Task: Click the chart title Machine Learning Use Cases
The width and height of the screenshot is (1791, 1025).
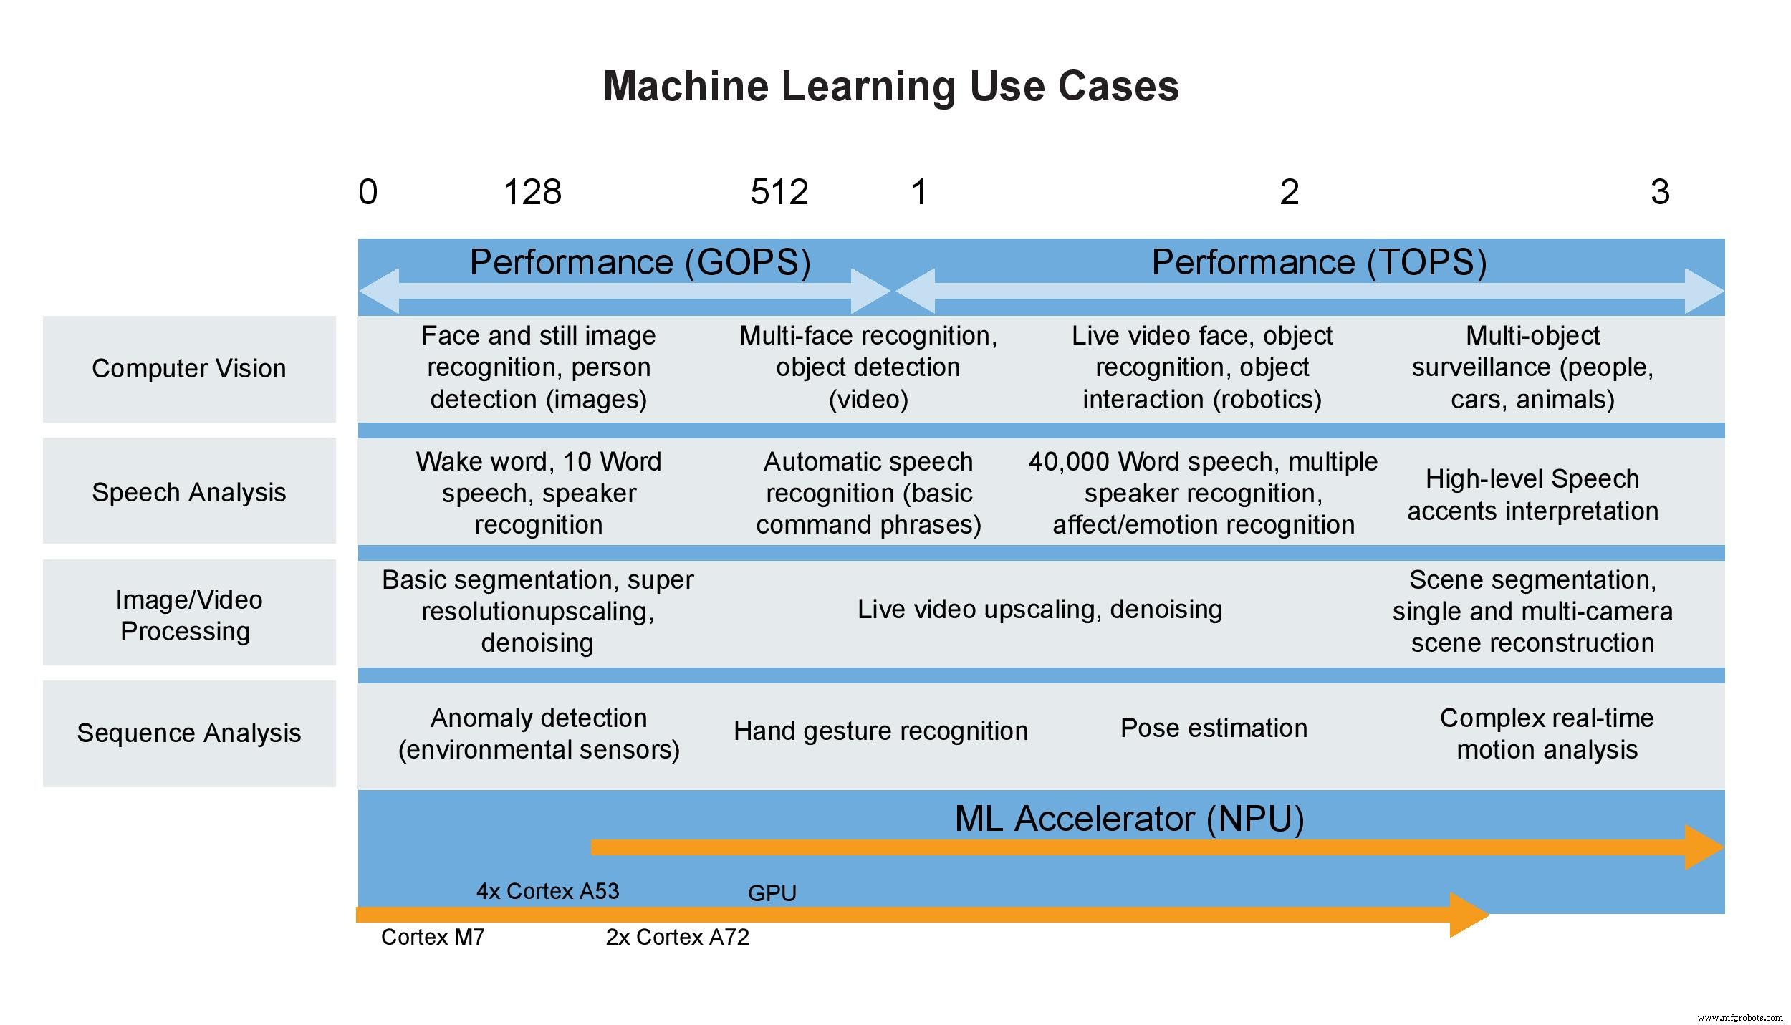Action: [890, 86]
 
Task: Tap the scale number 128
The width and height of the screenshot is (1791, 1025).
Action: [532, 192]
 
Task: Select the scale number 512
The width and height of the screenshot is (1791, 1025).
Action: [779, 192]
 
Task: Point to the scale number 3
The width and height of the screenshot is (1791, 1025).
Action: [1659, 192]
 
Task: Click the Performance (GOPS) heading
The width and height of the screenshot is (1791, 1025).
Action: [640, 262]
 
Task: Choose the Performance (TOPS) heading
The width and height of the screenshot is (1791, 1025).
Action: [1319, 262]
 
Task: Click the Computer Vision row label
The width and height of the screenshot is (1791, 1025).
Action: [189, 368]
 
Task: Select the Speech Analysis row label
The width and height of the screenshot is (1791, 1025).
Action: [189, 492]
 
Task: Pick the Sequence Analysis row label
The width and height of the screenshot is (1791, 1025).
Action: [189, 733]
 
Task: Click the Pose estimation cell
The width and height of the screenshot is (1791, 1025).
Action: [1214, 728]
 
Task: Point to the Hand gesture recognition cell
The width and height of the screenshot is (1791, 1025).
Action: [880, 731]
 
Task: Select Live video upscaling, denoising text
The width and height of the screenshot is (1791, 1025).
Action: [1039, 609]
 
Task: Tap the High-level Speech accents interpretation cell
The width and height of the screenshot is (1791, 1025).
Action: [1532, 494]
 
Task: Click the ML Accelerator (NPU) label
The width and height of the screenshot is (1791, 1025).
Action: [1129, 819]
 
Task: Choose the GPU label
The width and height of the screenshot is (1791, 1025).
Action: [772, 893]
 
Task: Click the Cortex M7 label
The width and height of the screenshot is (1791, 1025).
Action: [433, 937]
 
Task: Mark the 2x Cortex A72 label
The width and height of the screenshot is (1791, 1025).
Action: [677, 937]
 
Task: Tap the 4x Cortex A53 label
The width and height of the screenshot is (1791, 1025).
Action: [547, 891]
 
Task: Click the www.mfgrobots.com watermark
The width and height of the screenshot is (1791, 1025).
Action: [1739, 1017]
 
